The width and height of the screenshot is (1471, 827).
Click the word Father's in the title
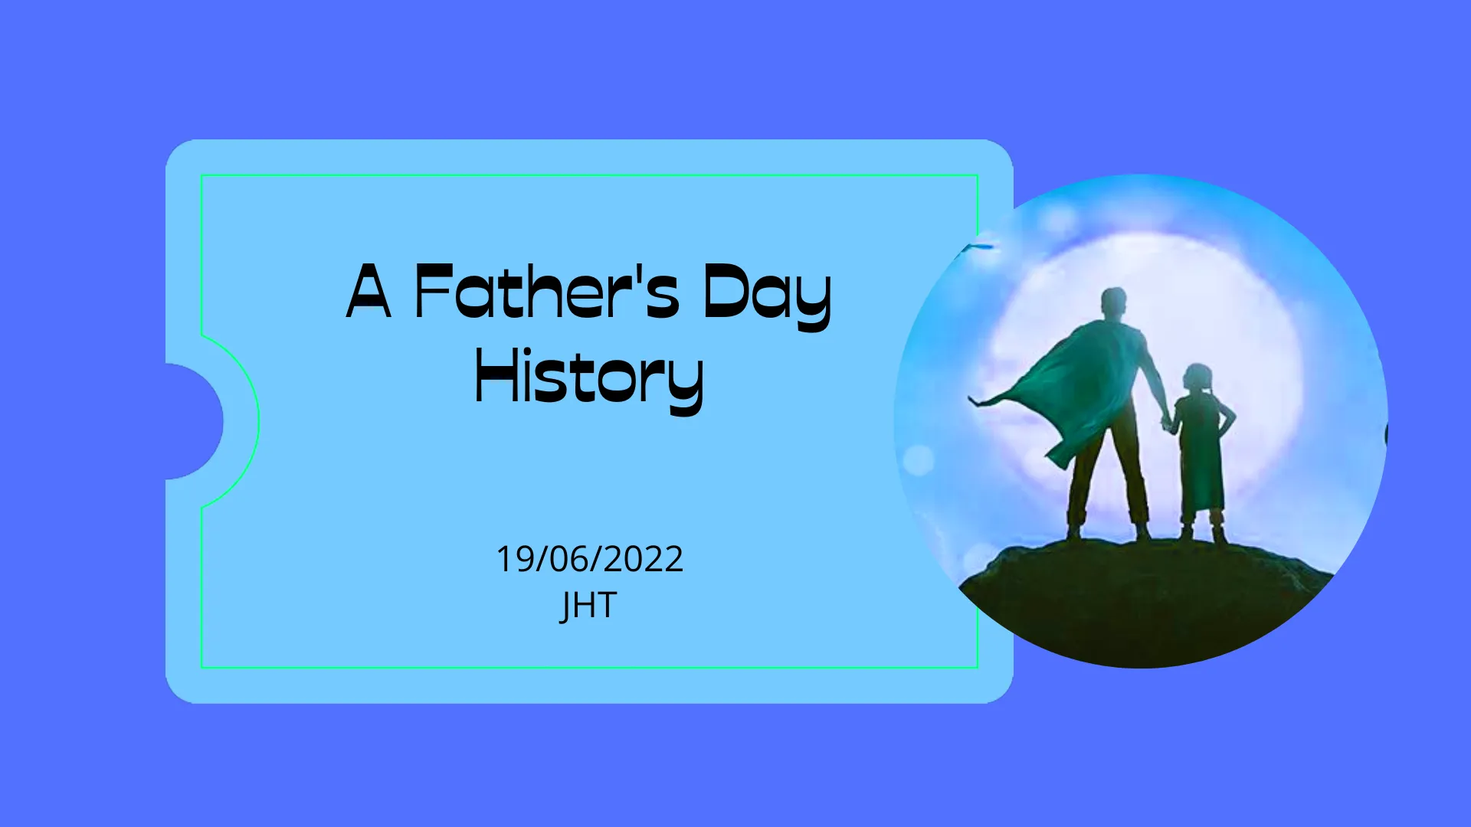(x=547, y=291)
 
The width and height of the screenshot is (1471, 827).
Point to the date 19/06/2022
(x=590, y=559)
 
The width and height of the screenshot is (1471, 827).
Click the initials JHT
(x=588, y=606)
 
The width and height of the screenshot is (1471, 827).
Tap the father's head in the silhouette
(x=1113, y=303)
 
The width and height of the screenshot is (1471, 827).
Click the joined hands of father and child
(x=1168, y=423)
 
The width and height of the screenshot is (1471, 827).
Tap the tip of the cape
(x=971, y=399)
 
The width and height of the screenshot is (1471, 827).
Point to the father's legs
(x=1109, y=479)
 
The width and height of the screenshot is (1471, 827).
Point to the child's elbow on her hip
(x=1231, y=417)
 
